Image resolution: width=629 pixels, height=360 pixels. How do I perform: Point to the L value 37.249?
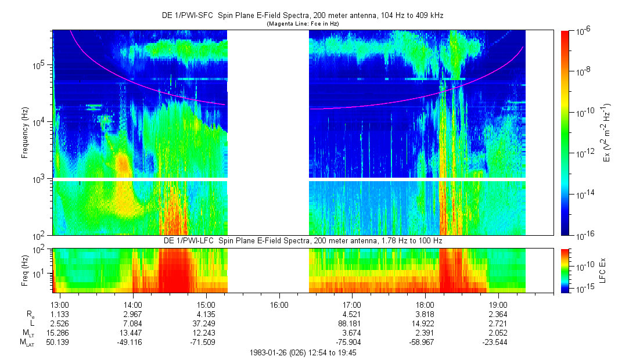(x=206, y=323)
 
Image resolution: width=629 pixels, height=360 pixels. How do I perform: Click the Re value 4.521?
(x=352, y=314)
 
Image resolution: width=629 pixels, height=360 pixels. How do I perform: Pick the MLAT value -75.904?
(x=352, y=342)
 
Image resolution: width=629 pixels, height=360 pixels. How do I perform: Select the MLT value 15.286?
(x=60, y=333)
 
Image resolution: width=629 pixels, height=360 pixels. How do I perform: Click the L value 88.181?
(x=352, y=323)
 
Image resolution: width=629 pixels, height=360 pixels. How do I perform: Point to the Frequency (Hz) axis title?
(x=25, y=133)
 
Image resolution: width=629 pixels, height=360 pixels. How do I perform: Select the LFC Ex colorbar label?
(x=605, y=270)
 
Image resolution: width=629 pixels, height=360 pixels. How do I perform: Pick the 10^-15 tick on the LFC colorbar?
(x=584, y=288)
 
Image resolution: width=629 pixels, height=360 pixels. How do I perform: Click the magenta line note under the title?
(x=302, y=24)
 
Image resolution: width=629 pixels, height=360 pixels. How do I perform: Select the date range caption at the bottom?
(x=302, y=352)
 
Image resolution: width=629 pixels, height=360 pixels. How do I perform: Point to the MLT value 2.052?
(x=498, y=333)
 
